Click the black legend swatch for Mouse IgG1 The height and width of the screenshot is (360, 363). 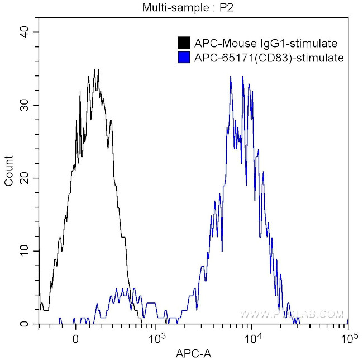point(183,43)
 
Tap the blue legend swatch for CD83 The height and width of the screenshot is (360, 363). point(183,57)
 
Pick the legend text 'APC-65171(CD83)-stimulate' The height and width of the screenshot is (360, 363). point(269,57)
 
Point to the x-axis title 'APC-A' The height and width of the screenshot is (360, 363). point(193,353)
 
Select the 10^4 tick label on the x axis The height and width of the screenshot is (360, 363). point(254,338)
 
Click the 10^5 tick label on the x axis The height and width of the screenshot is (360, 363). point(349,338)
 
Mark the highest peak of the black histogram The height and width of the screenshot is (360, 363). point(95,70)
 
